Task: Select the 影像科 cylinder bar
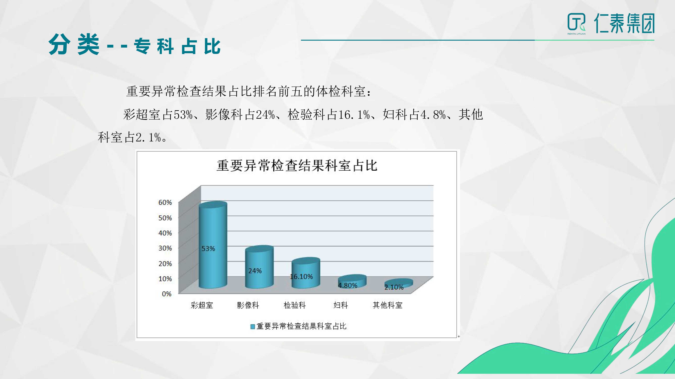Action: tap(259, 267)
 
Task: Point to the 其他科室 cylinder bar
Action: tap(399, 284)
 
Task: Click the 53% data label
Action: tap(208, 249)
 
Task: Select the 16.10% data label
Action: tap(301, 277)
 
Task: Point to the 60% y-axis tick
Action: tap(165, 202)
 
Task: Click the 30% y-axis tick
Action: tap(165, 248)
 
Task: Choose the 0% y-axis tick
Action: tap(167, 294)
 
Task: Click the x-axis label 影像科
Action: tap(248, 305)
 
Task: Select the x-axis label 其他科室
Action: tap(387, 305)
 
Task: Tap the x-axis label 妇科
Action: tap(341, 305)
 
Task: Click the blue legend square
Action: tap(253, 327)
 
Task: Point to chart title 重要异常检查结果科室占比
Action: tap(297, 166)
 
